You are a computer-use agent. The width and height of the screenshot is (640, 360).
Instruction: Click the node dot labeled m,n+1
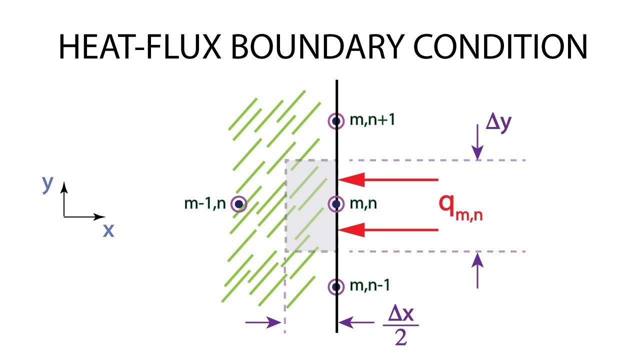pos(336,121)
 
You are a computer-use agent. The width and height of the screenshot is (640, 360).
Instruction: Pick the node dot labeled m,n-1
pos(336,287)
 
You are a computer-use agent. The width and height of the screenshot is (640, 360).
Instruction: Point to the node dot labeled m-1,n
pos(239,204)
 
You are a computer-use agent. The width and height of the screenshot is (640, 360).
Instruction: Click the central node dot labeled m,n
pos(336,204)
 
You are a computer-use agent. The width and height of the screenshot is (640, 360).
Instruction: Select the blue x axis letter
pos(108,230)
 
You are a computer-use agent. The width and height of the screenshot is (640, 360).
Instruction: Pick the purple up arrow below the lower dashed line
pos(478,270)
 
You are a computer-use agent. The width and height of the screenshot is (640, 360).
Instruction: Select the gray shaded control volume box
pos(310,205)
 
